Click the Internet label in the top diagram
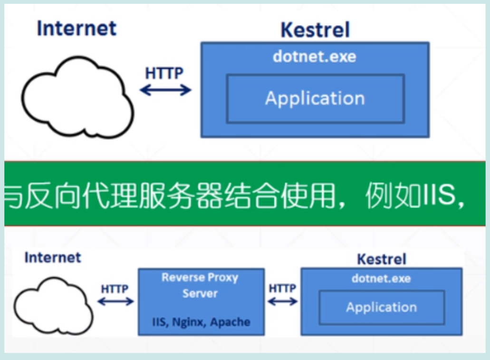tap(77, 28)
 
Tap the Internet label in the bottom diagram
tap(52, 257)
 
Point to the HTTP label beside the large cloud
tap(164, 73)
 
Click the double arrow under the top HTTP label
tap(165, 90)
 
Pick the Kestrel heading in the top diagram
tap(315, 30)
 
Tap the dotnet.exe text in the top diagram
tap(314, 57)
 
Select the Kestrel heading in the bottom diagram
tap(382, 259)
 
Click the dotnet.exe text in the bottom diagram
tap(381, 278)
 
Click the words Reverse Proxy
tap(200, 277)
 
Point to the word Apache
tap(231, 321)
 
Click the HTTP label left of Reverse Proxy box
tap(115, 289)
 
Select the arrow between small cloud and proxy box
tap(115, 302)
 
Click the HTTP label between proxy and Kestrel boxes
tap(282, 288)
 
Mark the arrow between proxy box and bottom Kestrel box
tap(283, 302)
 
